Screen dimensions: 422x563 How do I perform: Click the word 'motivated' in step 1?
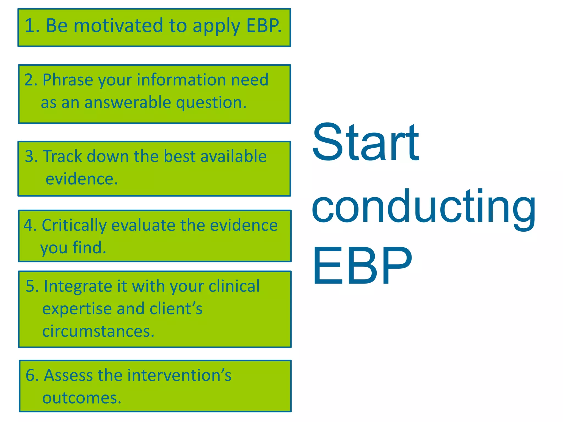point(118,26)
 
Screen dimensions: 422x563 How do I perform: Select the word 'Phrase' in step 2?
point(68,80)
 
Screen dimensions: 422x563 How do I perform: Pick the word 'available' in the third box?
point(233,156)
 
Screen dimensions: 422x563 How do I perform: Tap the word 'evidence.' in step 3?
point(82,179)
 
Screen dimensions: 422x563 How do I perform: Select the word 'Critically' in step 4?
point(74,226)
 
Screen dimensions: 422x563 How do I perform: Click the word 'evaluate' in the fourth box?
point(143,226)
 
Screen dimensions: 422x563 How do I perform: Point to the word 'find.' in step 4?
point(89,248)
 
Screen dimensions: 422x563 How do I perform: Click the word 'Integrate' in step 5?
point(78,286)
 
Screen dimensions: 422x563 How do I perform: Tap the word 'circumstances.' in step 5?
point(98,331)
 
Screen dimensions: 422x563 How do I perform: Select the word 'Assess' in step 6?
point(69,375)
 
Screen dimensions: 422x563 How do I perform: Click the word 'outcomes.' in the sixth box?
point(82,398)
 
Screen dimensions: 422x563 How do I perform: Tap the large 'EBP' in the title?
point(362,266)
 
